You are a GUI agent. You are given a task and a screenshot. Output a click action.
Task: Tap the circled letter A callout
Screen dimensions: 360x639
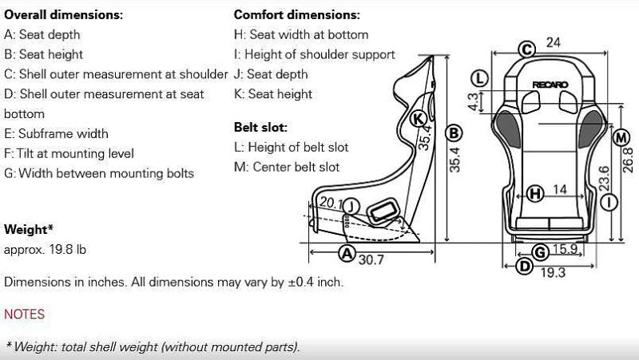pos(346,254)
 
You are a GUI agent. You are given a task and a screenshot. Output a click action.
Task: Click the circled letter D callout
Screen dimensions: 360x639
pos(524,267)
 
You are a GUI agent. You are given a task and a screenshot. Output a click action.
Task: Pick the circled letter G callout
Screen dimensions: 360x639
pos(540,252)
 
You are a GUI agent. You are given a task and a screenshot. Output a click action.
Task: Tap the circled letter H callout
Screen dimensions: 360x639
pos(535,192)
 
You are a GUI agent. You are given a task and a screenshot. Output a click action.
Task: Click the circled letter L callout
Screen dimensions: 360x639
pos(479,78)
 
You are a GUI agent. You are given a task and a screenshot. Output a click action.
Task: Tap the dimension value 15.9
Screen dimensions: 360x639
pos(564,249)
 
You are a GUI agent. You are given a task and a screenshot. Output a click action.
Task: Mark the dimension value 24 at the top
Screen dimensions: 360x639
pos(553,42)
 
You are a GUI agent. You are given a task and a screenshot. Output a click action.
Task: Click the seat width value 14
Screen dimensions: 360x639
pos(560,190)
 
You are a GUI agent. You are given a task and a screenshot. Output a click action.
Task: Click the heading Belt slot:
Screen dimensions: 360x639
pos(260,127)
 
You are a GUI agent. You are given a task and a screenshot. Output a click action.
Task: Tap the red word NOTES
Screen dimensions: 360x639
pos(25,315)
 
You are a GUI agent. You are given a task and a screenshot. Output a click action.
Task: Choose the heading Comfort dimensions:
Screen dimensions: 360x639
pos(296,15)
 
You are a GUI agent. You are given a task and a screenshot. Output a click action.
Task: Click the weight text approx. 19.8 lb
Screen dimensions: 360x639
pos(45,249)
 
